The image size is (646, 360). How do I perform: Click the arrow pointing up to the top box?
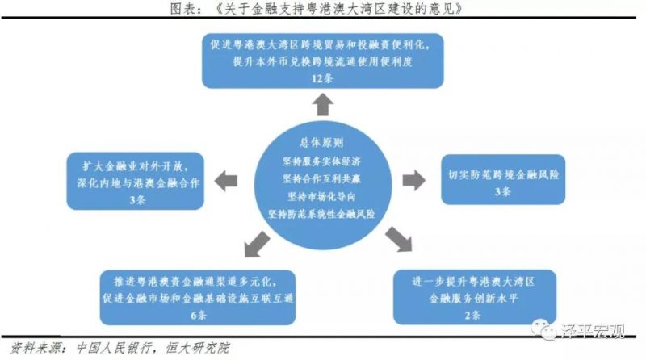point(322,104)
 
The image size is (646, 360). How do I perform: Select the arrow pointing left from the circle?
point(226,181)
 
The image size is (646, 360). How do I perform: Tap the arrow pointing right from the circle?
point(413,180)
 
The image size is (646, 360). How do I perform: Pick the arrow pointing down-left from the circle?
point(257,244)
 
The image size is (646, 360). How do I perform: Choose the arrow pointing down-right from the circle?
point(399,239)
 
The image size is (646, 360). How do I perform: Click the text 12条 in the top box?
point(322,78)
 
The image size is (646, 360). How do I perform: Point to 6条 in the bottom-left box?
point(198,316)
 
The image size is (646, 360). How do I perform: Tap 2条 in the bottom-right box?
point(472,316)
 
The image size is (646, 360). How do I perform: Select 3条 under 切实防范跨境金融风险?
point(502,191)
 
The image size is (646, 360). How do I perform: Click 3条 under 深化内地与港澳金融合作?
point(137,200)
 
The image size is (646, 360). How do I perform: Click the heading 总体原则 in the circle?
point(321,143)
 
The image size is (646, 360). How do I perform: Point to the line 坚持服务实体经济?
point(321,161)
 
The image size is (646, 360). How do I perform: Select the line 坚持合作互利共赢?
point(321,178)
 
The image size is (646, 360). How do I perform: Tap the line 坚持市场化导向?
point(321,196)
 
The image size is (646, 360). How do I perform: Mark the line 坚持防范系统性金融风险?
point(321,214)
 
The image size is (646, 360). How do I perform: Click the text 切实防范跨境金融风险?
point(503,174)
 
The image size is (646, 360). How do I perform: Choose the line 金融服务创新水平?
point(473,298)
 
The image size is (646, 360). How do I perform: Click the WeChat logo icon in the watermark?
point(543,329)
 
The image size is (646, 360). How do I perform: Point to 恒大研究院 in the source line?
point(197,349)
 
